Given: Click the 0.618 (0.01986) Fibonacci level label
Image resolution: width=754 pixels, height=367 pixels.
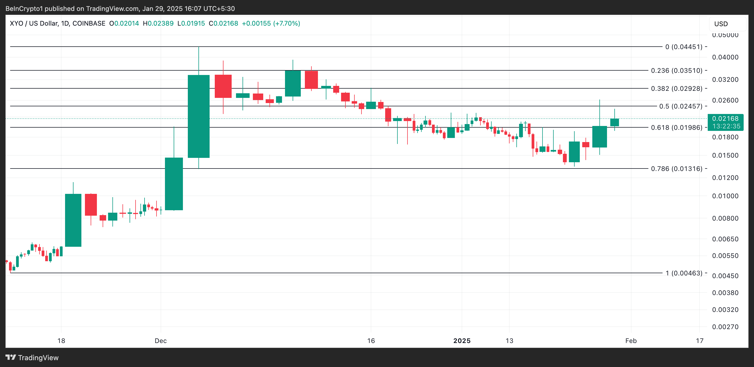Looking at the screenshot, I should tap(676, 128).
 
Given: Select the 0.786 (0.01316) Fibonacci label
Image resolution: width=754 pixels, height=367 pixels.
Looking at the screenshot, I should tap(676, 169).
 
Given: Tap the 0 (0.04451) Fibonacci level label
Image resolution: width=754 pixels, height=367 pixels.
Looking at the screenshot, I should tap(683, 47).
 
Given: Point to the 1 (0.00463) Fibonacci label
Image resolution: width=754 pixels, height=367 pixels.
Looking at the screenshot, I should tap(684, 273).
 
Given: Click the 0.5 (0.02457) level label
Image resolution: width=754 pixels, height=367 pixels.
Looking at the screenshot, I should tap(681, 106).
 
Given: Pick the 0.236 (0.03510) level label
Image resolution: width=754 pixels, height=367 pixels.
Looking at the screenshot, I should tap(676, 71).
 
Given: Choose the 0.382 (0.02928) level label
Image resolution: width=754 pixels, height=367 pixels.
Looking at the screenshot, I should tap(676, 89).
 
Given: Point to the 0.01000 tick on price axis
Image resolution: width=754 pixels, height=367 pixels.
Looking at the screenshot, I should tap(725, 196).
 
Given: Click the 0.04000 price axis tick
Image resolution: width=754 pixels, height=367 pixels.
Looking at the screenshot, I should tap(725, 57).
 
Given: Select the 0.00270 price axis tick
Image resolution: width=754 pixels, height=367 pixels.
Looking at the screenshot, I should tap(725, 327).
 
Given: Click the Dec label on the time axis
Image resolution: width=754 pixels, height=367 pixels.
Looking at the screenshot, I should tap(161, 341).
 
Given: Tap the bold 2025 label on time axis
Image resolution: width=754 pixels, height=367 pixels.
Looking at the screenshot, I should tap(462, 341).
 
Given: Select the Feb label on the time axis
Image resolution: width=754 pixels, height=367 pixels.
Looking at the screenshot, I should tap(631, 341).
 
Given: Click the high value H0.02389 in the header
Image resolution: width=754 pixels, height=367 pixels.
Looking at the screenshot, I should tap(158, 23).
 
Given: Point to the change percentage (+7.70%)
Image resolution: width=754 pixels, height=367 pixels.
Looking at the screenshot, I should tap(287, 23).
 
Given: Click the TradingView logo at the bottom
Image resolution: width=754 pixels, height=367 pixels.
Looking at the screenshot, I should tap(32, 358).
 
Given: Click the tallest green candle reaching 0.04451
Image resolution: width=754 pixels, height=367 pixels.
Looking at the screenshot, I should tap(199, 116).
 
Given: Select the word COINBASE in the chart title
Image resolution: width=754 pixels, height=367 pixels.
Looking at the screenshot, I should tap(89, 23).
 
